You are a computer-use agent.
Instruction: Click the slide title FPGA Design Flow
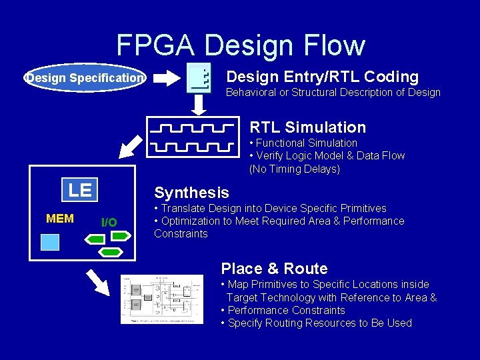pyautogui.click(x=241, y=45)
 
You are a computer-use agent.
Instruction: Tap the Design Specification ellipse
pyautogui.click(x=85, y=78)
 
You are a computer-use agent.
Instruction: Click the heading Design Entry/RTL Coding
pyautogui.click(x=323, y=77)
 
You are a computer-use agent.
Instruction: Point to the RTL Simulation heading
pyautogui.click(x=307, y=127)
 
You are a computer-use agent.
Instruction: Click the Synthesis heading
pyautogui.click(x=191, y=193)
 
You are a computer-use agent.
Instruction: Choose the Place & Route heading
pyautogui.click(x=274, y=269)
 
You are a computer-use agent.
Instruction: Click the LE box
pyautogui.click(x=80, y=190)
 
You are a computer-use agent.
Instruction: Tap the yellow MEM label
pyautogui.click(x=60, y=219)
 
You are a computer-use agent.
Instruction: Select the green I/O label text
pyautogui.click(x=109, y=223)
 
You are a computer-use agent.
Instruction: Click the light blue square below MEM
pyautogui.click(x=50, y=241)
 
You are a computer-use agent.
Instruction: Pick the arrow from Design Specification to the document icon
pyautogui.click(x=167, y=78)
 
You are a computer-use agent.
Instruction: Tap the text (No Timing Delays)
pyautogui.click(x=295, y=169)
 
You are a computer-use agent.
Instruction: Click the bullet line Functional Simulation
pyautogui.click(x=303, y=143)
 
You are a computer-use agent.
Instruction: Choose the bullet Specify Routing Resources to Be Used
pyautogui.click(x=316, y=323)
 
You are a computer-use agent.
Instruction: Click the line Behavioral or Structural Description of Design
pyautogui.click(x=333, y=92)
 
